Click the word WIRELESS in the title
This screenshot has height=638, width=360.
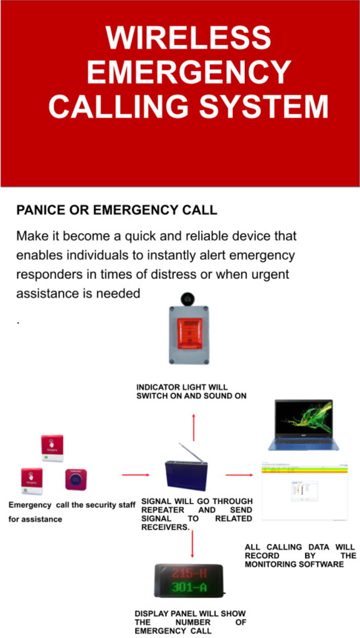click(x=188, y=39)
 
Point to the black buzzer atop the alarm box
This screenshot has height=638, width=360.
click(x=189, y=298)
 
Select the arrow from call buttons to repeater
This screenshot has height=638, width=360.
click(x=136, y=475)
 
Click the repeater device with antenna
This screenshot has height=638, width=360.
click(x=185, y=475)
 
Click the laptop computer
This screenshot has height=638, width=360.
click(x=304, y=425)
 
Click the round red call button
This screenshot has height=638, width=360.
click(x=76, y=480)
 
